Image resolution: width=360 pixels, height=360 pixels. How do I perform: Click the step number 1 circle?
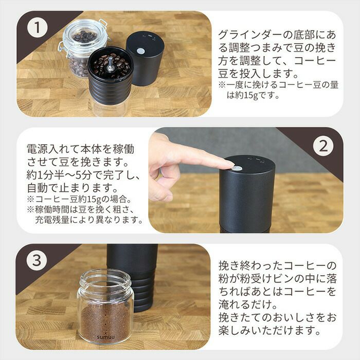[x=37, y=27]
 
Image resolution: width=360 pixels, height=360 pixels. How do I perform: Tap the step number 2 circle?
[x=323, y=146]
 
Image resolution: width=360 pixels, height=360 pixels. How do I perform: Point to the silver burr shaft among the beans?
[x=111, y=63]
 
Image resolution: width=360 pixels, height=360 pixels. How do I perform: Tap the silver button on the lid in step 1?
[x=140, y=51]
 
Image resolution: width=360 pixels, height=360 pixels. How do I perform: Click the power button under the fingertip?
[x=237, y=168]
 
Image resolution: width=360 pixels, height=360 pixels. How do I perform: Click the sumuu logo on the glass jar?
[x=105, y=337]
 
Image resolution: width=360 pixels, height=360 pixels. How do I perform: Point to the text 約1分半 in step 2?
[x=45, y=175]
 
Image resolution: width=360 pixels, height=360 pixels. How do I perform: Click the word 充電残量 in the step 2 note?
[x=52, y=220]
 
